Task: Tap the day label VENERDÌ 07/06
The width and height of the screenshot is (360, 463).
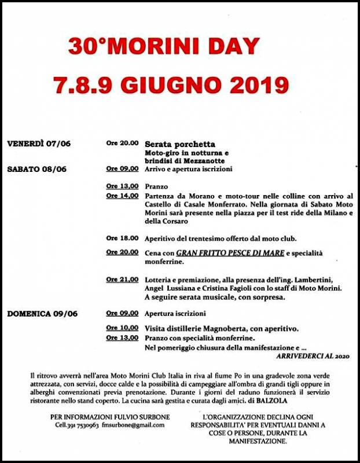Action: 39,143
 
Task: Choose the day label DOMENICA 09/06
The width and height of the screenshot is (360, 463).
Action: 42,314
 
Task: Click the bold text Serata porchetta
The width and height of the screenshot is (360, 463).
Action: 180,144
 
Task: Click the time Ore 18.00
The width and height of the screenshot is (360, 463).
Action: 122,238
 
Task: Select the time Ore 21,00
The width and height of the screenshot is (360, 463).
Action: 122,280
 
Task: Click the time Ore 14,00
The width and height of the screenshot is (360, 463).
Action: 122,196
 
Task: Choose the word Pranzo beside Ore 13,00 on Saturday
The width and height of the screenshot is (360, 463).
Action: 156,187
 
